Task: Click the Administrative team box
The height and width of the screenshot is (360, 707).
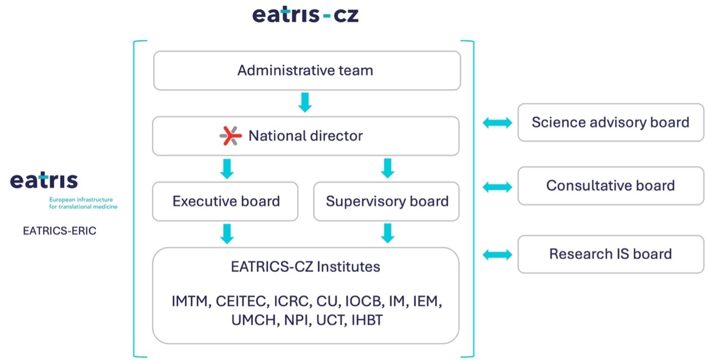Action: [x=307, y=70]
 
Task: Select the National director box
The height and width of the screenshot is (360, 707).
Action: [x=306, y=136]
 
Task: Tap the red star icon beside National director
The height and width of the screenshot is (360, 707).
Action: [x=230, y=136]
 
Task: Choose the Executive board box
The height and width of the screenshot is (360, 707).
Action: [x=225, y=201]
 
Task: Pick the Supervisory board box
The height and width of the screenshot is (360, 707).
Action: [x=387, y=201]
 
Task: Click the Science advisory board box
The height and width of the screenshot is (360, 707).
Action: [x=604, y=123]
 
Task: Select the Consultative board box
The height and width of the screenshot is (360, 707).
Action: [x=604, y=186]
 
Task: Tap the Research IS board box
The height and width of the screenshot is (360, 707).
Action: [x=604, y=254]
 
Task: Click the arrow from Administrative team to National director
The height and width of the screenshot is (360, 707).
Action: [x=305, y=103]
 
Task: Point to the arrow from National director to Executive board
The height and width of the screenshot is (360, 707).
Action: [x=227, y=169]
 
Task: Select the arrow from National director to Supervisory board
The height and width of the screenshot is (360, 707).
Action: [x=388, y=169]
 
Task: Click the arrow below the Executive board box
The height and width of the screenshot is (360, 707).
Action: [x=227, y=234]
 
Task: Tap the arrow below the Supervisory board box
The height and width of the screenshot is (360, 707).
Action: [x=388, y=234]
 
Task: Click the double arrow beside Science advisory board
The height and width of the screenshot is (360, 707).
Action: [x=497, y=123]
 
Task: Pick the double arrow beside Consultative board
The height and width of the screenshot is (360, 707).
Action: [x=497, y=187]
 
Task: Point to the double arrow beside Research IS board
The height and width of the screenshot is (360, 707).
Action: [x=497, y=254]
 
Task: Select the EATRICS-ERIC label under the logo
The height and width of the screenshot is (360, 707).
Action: [x=60, y=231]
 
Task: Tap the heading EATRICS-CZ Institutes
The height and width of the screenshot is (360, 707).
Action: [x=305, y=266]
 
